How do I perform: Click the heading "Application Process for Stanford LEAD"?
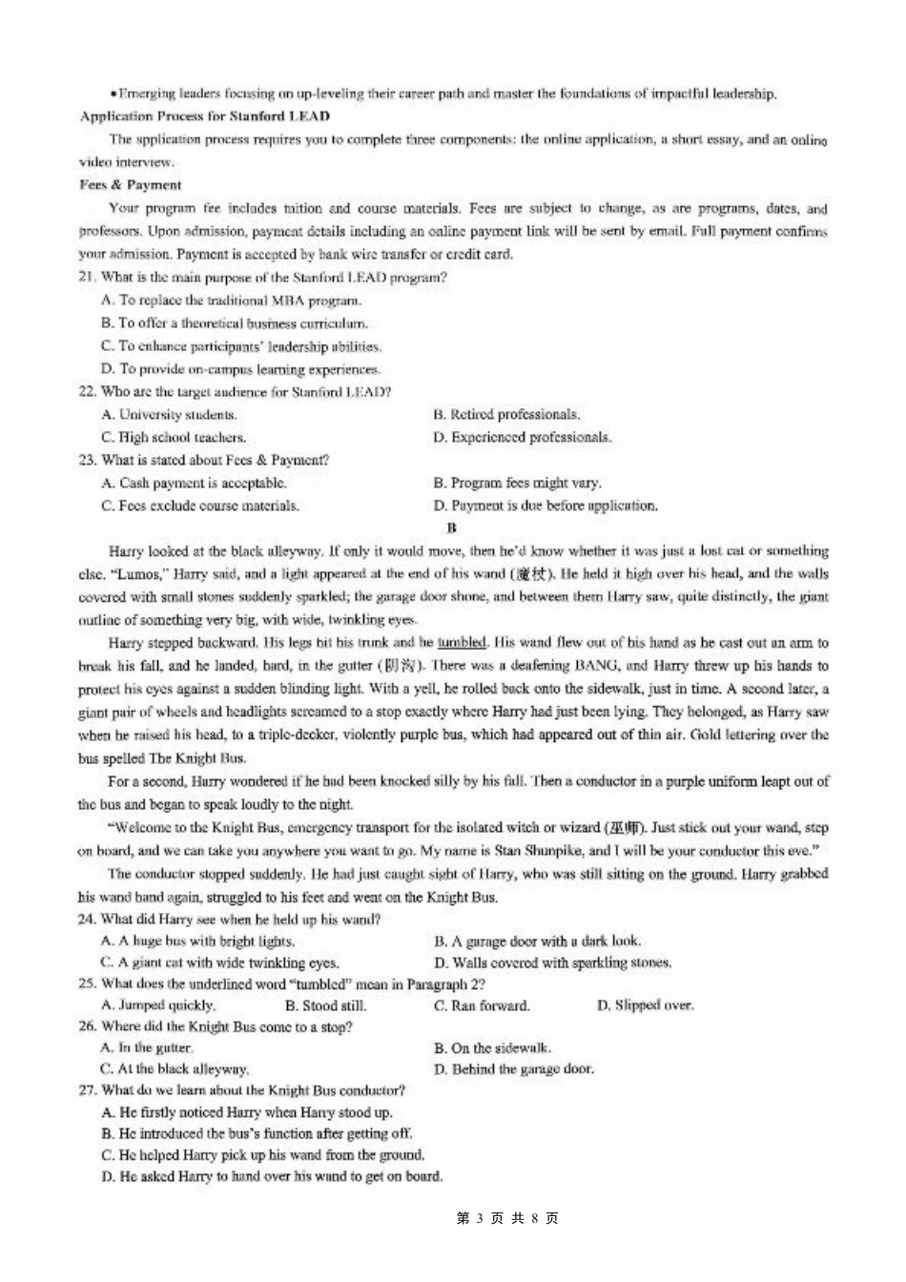205,116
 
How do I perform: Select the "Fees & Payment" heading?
130,185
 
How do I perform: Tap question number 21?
87,278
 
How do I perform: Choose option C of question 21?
241,346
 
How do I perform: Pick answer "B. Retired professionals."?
506,415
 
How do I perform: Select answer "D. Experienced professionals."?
522,438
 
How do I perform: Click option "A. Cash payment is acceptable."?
194,484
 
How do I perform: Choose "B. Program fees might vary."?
517,484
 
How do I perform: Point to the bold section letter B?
452,527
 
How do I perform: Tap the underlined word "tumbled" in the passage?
462,643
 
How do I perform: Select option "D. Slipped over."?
646,1005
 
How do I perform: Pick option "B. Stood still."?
326,1005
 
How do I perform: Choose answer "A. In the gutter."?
147,1048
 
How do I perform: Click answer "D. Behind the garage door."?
514,1069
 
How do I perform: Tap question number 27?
87,1090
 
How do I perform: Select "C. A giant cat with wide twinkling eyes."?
220,963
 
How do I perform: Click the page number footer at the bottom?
507,1218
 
